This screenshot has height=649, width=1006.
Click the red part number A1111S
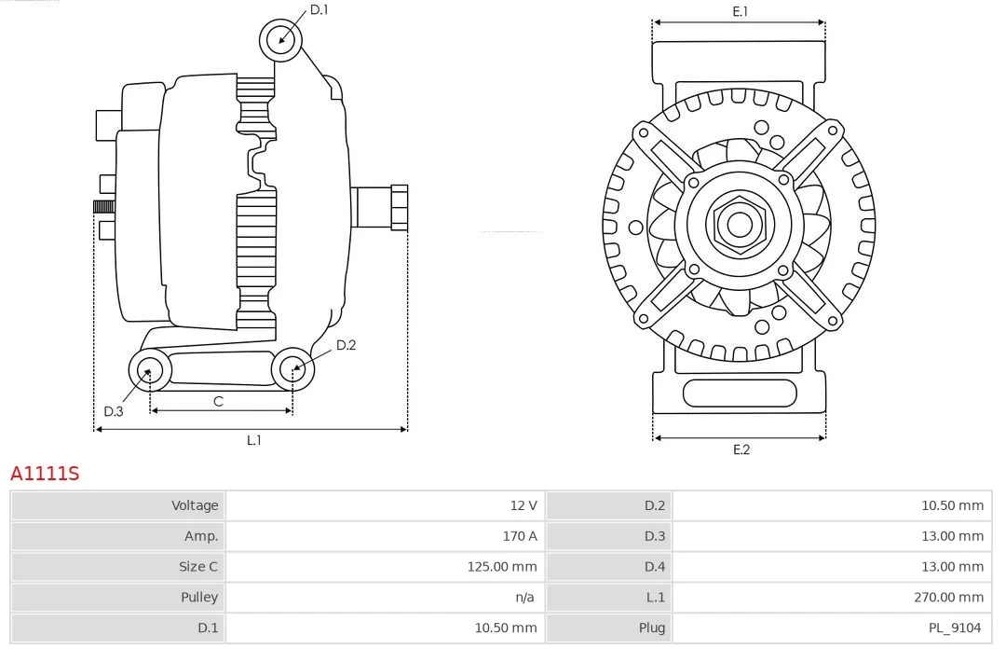[x=45, y=474]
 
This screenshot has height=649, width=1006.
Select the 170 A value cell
[x=520, y=536]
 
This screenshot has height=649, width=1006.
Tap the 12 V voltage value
[x=523, y=505]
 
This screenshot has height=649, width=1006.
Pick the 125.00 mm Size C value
[x=502, y=567]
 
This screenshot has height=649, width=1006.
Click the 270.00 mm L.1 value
[x=949, y=598]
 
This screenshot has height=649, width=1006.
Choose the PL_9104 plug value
[x=955, y=628]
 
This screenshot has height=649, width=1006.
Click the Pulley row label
[x=199, y=598]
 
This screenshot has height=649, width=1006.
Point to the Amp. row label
[x=201, y=536]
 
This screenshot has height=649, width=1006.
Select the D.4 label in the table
[x=655, y=567]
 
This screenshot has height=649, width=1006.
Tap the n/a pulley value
[x=524, y=598]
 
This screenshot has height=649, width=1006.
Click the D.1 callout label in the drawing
[x=319, y=9]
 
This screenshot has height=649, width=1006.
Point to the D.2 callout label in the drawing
[x=346, y=345]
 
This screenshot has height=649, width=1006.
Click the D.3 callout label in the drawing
[x=114, y=411]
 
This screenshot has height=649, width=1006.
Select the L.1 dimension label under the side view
[x=254, y=440]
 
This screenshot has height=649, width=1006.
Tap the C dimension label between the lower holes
[x=218, y=402]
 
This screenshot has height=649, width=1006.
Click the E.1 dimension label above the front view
[x=741, y=11]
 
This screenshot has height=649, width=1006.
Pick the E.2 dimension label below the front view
[x=741, y=449]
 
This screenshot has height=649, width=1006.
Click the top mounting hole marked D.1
[x=281, y=40]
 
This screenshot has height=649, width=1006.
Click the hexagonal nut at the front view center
[x=740, y=224]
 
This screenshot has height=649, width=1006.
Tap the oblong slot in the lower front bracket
[x=740, y=394]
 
